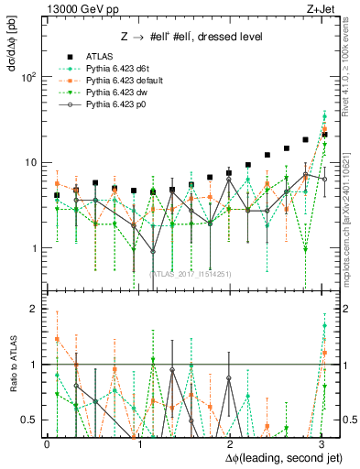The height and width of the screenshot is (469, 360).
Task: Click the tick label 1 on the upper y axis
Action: coord(33,248)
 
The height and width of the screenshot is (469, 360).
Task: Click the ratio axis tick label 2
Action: coord(33,310)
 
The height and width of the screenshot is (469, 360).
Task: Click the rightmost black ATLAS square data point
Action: coord(324,135)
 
